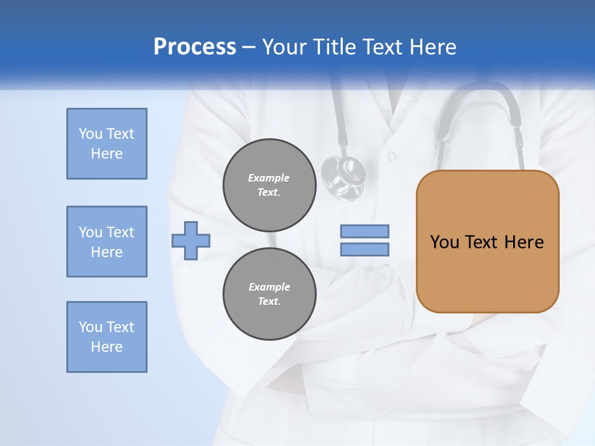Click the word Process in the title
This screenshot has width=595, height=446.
click(x=195, y=47)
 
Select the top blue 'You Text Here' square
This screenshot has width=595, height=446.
click(x=107, y=144)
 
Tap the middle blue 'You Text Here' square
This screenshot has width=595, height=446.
click(x=107, y=242)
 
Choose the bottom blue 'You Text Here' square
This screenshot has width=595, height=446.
click(x=107, y=337)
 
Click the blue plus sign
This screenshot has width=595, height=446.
click(x=191, y=240)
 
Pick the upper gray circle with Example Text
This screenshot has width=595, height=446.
click(x=269, y=185)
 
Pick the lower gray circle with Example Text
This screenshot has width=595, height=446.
click(x=269, y=294)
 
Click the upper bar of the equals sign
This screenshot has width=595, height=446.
click(x=364, y=231)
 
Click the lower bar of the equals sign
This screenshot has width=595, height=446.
click(x=364, y=250)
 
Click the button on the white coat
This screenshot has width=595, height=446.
click(x=391, y=156)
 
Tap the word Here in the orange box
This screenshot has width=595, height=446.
click(x=524, y=242)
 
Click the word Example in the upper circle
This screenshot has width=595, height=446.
click(x=269, y=178)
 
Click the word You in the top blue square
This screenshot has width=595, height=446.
click(x=90, y=134)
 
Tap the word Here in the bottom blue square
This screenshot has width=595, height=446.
click(x=107, y=347)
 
